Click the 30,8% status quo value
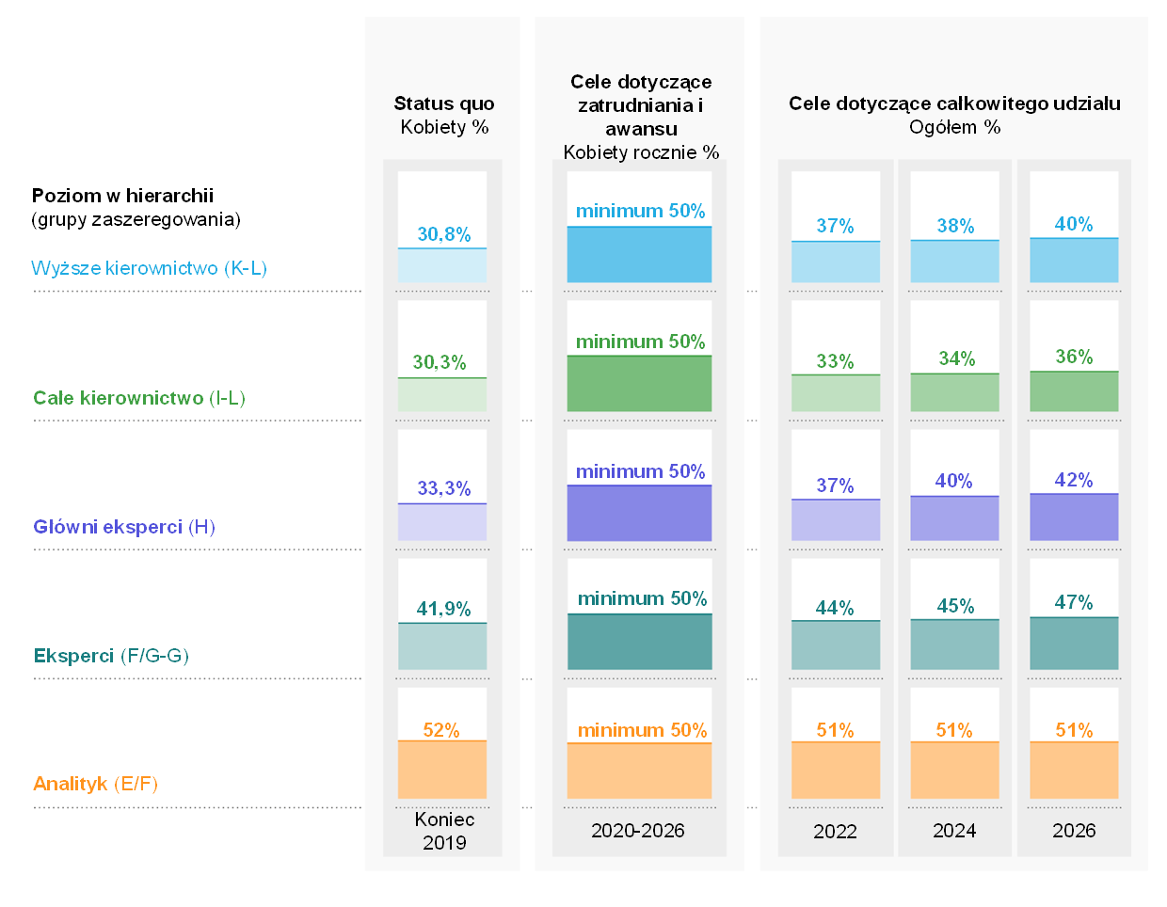pos(443,234)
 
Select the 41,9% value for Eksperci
pos(443,609)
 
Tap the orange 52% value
pos(441,730)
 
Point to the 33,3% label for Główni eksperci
pos(443,488)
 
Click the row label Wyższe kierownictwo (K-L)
pos(149,268)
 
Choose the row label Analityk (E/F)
pos(95,784)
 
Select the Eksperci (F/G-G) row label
pos(111,656)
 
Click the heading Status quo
pos(443,103)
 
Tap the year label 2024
pos(954,831)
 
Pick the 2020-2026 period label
pos(637,831)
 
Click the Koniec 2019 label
pos(444,831)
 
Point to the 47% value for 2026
pos(1074,602)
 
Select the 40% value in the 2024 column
pos(953,481)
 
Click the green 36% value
pos(1074,357)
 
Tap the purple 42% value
pos(1074,480)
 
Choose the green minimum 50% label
pos(640,342)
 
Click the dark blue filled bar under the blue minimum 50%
pos(639,255)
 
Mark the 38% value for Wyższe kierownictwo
pos(955,226)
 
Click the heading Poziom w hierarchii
pos(122,196)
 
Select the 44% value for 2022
pos(835,608)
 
